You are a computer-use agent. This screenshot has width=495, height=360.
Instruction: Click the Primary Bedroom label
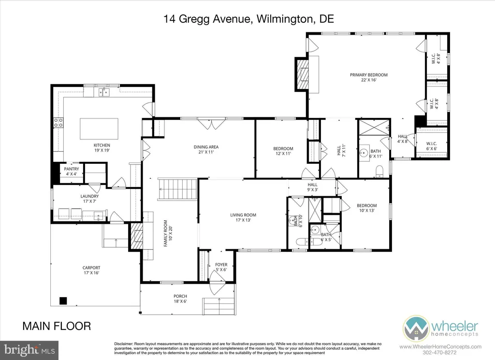coord(369,75)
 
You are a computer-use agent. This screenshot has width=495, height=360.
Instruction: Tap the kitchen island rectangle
coord(99,129)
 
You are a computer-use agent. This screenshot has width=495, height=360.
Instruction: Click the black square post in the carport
coord(62,301)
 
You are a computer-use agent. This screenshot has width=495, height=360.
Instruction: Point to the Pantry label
coord(72,169)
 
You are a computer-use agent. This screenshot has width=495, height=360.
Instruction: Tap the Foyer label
coord(221,265)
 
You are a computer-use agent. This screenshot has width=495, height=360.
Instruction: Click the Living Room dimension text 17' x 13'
coord(243,220)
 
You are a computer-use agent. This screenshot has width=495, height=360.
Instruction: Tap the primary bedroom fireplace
coord(303,74)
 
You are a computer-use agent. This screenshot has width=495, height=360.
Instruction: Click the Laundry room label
coord(89,196)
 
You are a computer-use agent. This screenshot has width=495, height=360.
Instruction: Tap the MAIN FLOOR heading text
coord(57,326)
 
